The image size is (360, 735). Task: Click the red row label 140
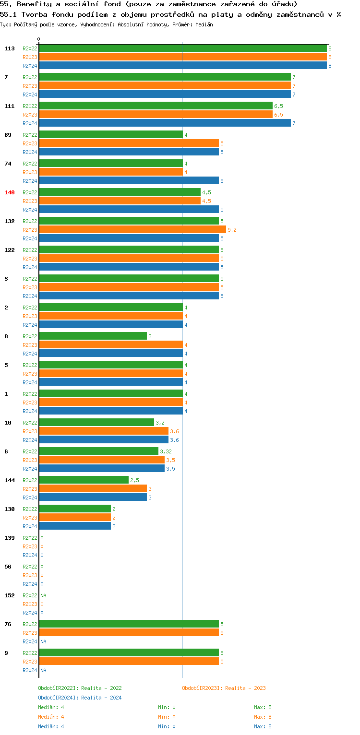coord(10,192)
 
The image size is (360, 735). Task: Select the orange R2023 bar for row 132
coord(132,230)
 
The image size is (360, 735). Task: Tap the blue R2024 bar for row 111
coord(165,123)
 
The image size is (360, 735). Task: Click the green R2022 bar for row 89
coord(110,135)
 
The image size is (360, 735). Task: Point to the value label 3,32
coord(166,451)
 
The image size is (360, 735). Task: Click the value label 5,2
coord(232,230)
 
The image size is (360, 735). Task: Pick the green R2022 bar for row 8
coord(93,336)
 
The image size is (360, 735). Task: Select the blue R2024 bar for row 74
coord(129,181)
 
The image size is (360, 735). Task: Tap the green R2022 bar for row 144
coord(84,480)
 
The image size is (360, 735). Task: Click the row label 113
coord(10,48)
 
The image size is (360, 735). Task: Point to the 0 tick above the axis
coord(39,39)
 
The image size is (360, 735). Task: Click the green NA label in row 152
coord(43,595)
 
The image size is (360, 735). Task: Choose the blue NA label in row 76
coord(43,641)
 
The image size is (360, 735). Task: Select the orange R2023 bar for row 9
coord(129,662)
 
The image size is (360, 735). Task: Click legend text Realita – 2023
coord(245,688)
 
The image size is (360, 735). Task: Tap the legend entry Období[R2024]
coord(58,698)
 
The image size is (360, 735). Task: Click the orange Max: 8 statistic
coord(263,717)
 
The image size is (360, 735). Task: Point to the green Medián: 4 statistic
coord(51,707)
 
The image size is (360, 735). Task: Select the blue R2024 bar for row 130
coord(74,526)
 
